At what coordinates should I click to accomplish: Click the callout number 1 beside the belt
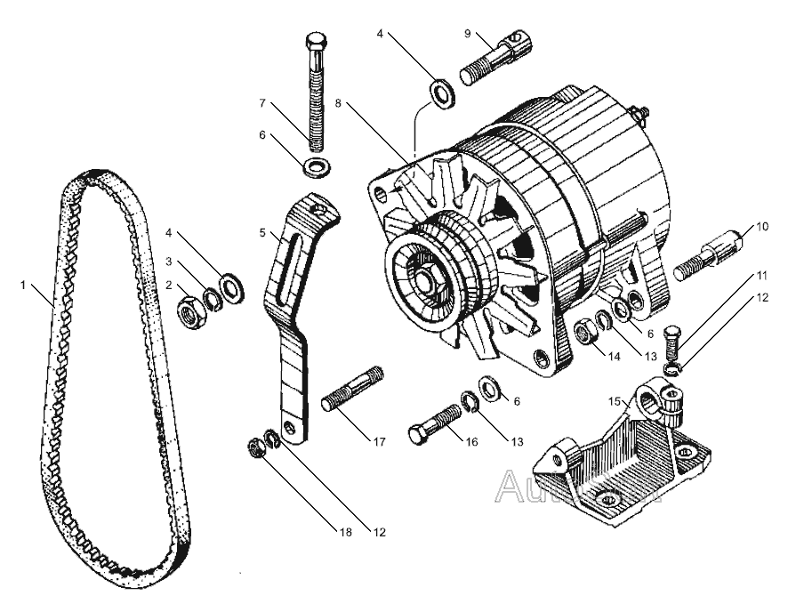(22, 286)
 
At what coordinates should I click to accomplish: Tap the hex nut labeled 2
(189, 312)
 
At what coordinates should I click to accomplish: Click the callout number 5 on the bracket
(263, 233)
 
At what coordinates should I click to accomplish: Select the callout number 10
(760, 227)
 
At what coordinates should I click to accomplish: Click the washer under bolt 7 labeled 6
(315, 166)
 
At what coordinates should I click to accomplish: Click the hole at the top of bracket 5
(318, 212)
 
